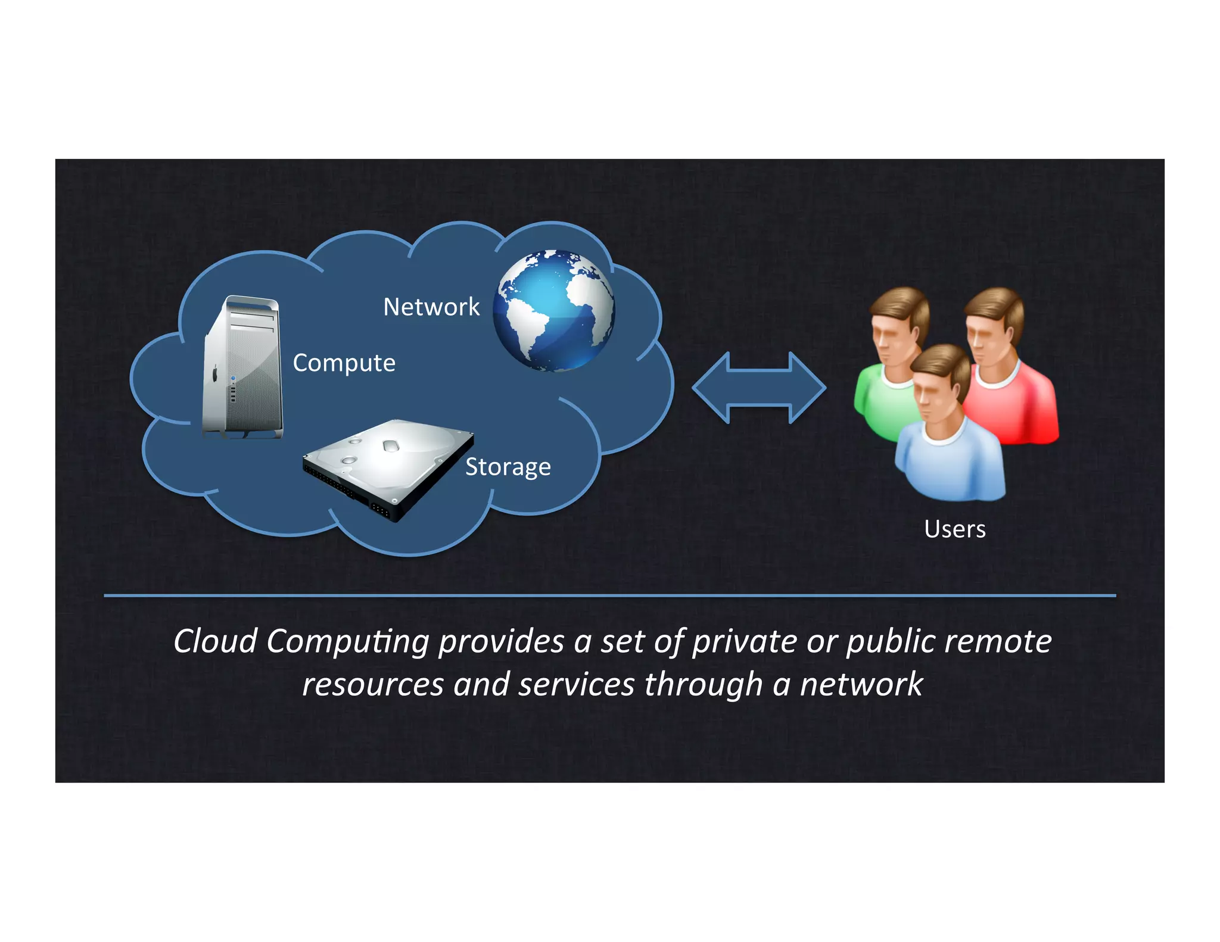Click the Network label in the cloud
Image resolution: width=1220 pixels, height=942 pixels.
click(x=431, y=307)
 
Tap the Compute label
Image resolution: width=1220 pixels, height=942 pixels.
click(x=344, y=363)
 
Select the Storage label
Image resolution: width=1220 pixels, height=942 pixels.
click(x=508, y=467)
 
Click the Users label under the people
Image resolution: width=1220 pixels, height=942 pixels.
click(x=954, y=529)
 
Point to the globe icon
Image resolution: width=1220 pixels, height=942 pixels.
click(x=553, y=311)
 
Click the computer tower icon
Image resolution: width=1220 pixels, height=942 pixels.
click(x=242, y=367)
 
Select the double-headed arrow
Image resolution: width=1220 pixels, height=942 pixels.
click(x=759, y=388)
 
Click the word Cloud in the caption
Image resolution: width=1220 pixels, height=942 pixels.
click(x=215, y=642)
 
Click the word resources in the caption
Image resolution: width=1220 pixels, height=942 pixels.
click(x=372, y=685)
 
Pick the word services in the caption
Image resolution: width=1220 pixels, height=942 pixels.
click(x=576, y=685)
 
